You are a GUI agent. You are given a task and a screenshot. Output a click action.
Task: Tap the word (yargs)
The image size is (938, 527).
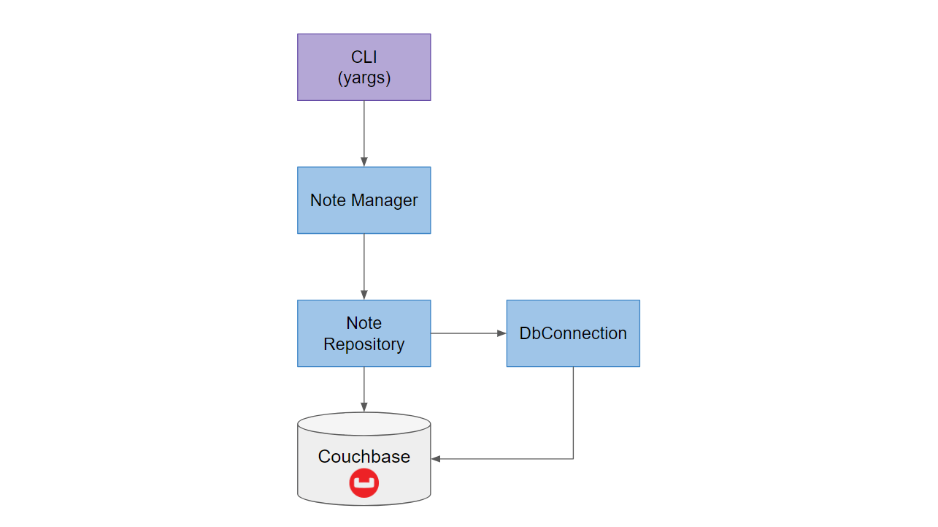(x=364, y=78)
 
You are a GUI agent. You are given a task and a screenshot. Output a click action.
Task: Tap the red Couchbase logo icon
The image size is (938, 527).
(x=364, y=483)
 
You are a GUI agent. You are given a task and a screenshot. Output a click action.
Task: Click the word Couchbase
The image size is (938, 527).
(x=364, y=457)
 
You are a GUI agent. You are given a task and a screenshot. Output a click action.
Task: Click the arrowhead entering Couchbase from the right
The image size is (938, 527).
(x=436, y=459)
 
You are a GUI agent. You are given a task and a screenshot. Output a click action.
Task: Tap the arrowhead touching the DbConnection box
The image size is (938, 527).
(x=501, y=333)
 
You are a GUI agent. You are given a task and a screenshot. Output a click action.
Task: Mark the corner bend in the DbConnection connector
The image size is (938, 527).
(x=573, y=459)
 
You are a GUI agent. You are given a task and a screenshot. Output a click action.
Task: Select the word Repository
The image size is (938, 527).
(x=364, y=344)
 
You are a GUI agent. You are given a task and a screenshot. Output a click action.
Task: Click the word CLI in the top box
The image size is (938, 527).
(x=364, y=58)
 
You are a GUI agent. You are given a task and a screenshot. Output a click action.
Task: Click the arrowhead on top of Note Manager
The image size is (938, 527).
(x=364, y=162)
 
